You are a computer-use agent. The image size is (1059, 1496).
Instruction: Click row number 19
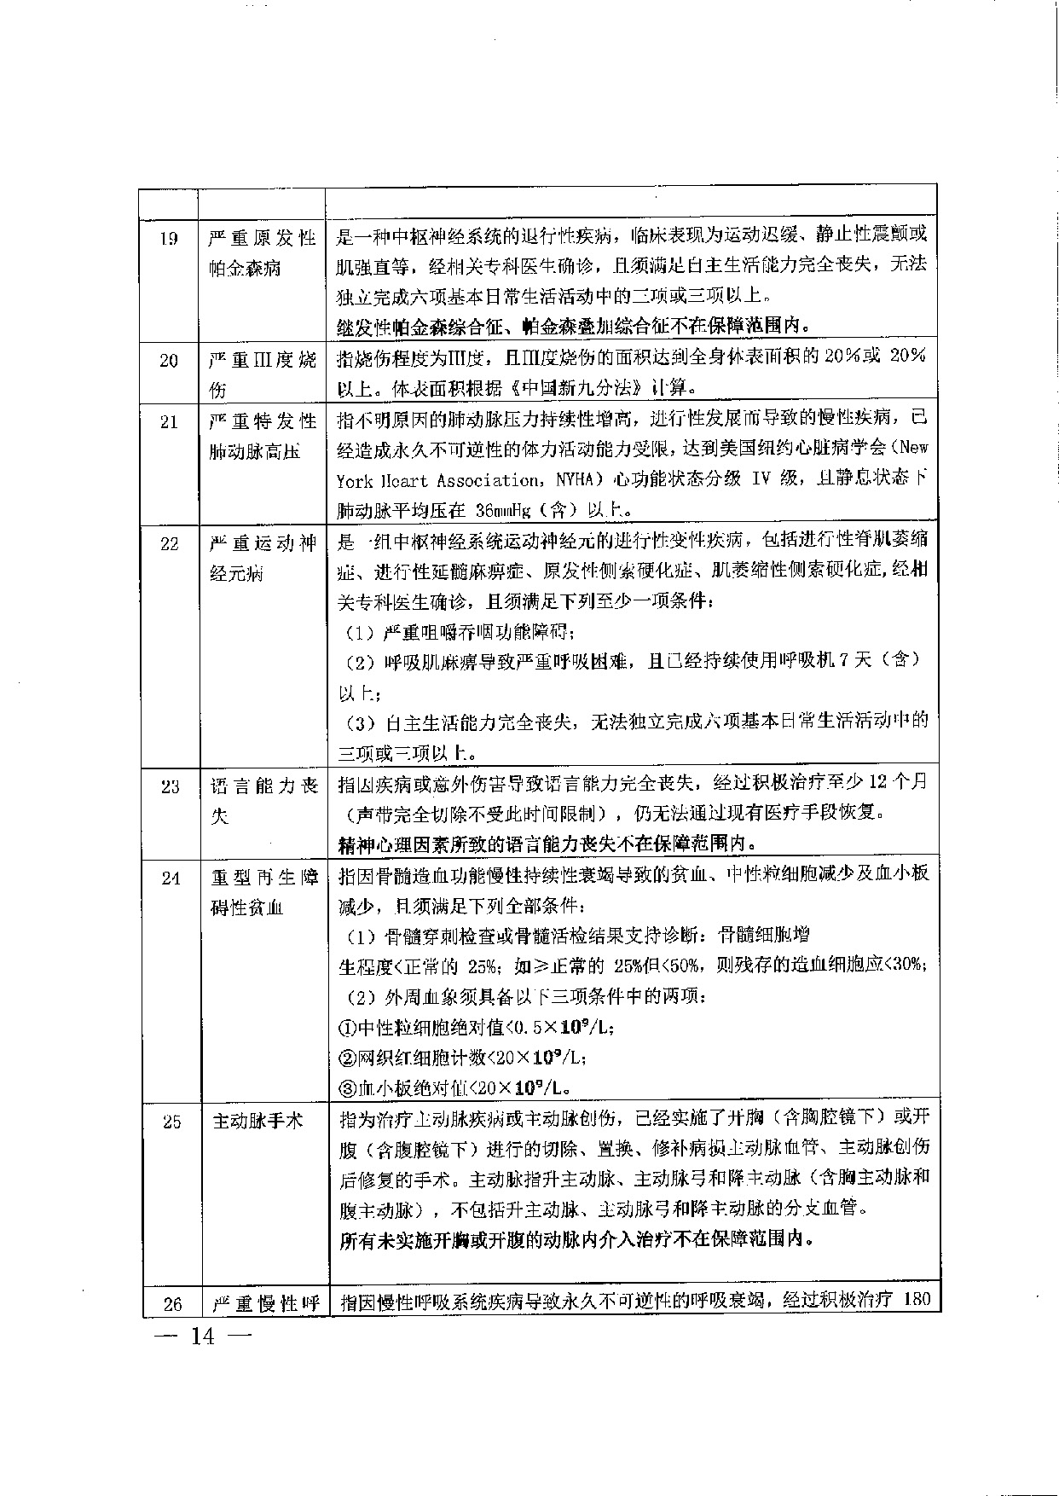pyautogui.click(x=169, y=239)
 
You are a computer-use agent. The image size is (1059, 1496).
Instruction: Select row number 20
pyautogui.click(x=169, y=361)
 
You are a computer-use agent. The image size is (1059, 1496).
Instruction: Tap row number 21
pyautogui.click(x=169, y=422)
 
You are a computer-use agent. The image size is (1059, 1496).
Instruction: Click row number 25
pyautogui.click(x=171, y=1122)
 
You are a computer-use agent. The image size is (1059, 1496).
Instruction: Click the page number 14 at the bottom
pyautogui.click(x=204, y=1337)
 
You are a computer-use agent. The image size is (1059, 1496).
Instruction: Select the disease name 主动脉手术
pyautogui.click(x=257, y=1121)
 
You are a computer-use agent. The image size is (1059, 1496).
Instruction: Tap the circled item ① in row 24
pyautogui.click(x=346, y=1028)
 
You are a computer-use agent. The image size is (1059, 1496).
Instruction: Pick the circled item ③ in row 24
pyautogui.click(x=346, y=1088)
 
